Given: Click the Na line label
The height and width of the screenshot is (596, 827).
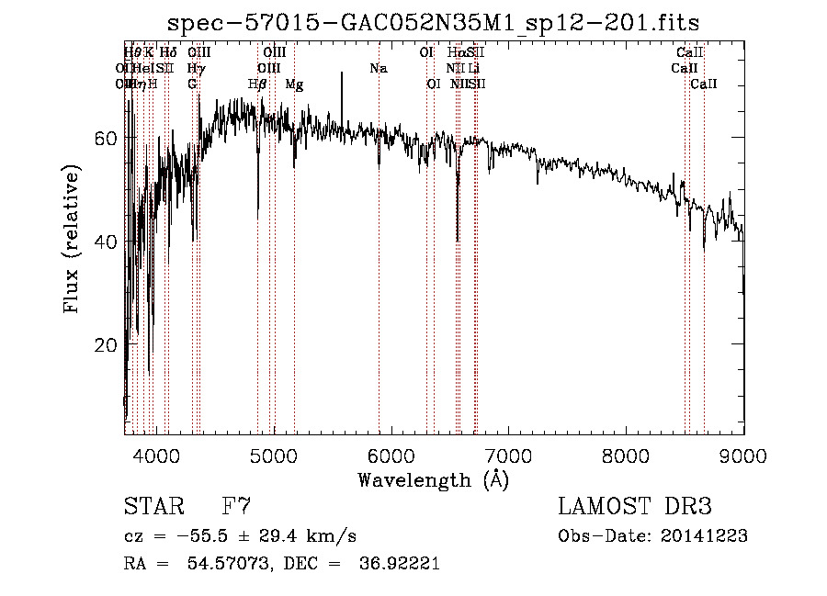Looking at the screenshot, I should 378,69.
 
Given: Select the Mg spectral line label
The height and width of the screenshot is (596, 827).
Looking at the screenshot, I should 294,84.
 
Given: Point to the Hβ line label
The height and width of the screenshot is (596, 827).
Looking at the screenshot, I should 258,84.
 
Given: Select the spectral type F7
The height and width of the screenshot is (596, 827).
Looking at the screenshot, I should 237,507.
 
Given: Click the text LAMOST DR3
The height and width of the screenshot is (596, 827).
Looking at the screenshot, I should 635,507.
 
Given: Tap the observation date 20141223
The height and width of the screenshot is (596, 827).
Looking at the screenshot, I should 704,536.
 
